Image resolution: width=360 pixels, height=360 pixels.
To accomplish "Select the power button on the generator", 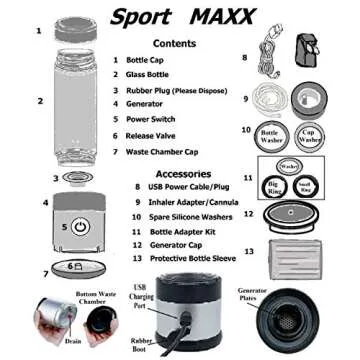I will point(80,227).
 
